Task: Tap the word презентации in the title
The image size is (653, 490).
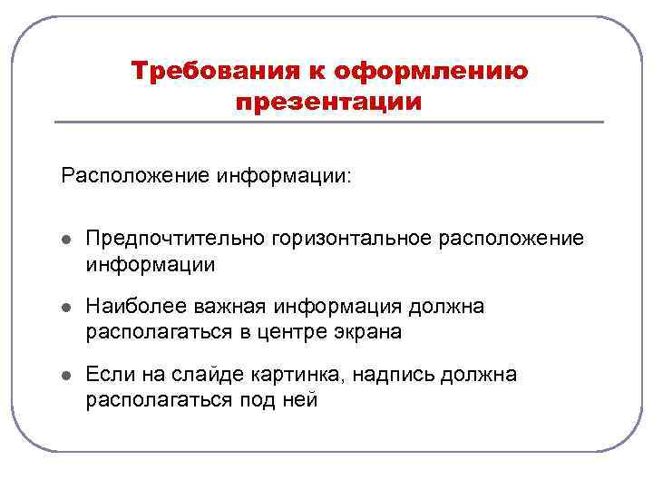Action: coord(328,102)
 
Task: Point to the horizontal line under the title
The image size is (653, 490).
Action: coord(329,122)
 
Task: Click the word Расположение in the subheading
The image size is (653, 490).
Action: coord(135,174)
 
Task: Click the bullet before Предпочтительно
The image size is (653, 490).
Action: coord(66,240)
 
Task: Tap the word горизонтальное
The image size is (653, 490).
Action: coord(347,238)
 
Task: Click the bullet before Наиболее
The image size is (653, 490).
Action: coord(66,309)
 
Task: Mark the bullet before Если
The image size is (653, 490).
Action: coord(66,376)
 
